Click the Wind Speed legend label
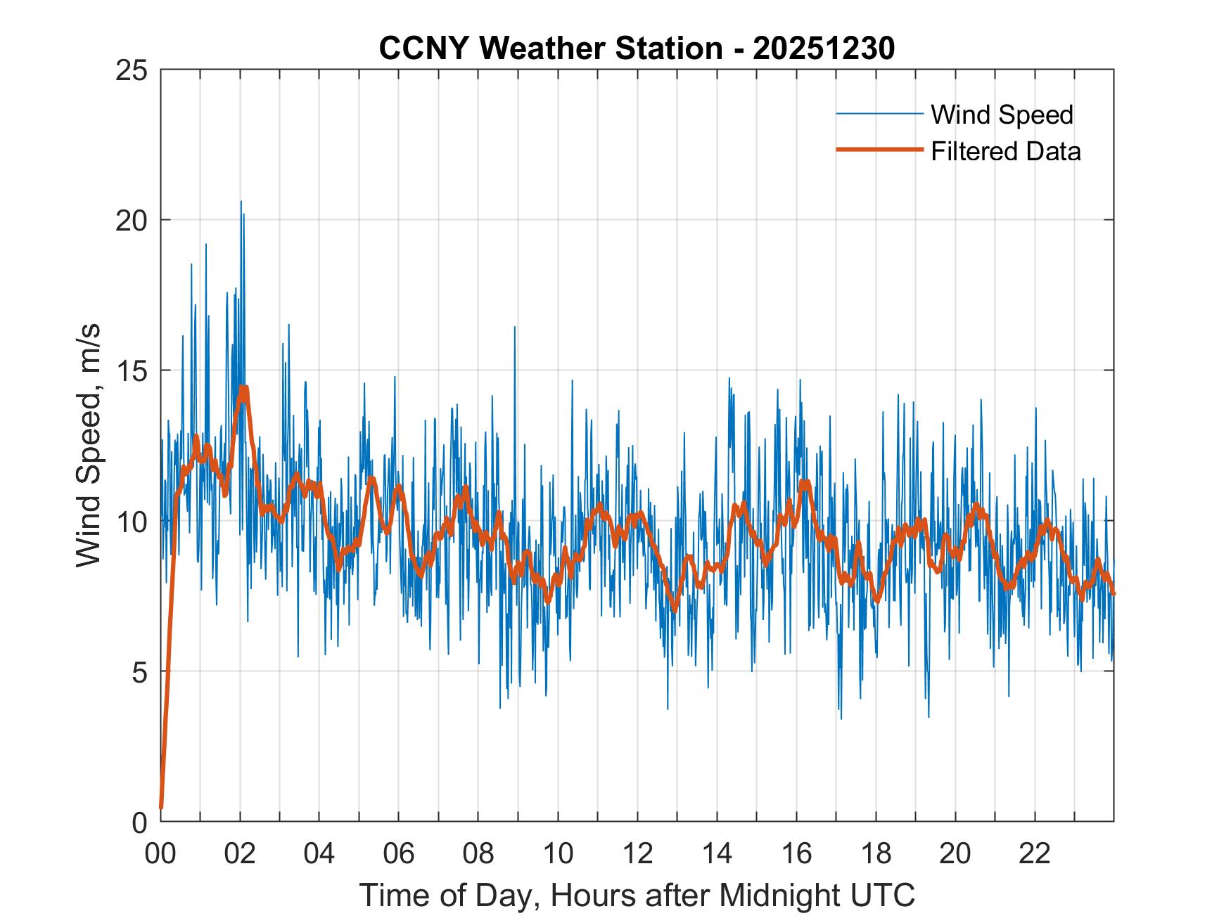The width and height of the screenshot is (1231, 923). click(x=1002, y=115)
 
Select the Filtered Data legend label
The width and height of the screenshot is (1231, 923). click(x=1005, y=151)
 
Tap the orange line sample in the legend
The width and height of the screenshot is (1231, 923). click(x=879, y=150)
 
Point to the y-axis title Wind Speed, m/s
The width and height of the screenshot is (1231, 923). click(x=89, y=445)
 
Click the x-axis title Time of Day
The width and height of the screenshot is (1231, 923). click(x=637, y=895)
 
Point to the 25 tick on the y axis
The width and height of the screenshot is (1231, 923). click(x=132, y=70)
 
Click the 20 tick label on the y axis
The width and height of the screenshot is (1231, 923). click(x=132, y=220)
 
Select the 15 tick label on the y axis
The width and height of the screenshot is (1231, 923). click(x=132, y=370)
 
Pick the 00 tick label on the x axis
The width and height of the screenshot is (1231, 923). click(x=160, y=853)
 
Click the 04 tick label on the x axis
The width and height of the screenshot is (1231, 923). click(x=319, y=853)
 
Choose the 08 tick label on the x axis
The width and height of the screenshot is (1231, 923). click(x=478, y=853)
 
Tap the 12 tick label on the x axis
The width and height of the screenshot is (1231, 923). click(x=637, y=853)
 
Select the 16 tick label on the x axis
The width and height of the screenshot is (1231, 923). click(x=796, y=853)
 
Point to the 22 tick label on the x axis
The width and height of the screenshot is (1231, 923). click(x=1035, y=853)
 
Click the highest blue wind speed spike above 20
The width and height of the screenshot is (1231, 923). click(x=241, y=202)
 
